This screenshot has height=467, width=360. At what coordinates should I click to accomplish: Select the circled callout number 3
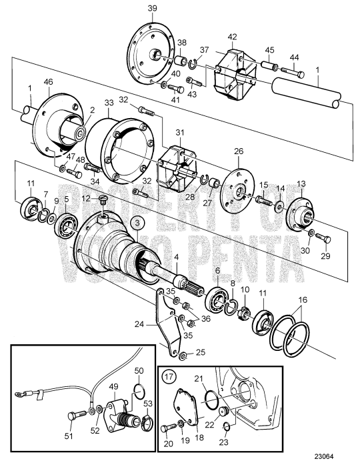click(x=135, y=222)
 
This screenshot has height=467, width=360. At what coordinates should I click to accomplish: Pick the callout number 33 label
click(x=108, y=104)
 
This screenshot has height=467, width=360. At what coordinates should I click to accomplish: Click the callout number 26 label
click(x=238, y=151)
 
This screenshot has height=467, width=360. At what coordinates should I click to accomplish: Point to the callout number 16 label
click(x=303, y=302)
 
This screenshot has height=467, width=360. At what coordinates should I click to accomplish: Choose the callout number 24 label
click(x=157, y=325)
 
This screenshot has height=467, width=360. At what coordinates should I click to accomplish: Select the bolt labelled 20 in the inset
click(x=167, y=428)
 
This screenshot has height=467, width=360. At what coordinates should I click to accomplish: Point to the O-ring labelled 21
click(x=211, y=398)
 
